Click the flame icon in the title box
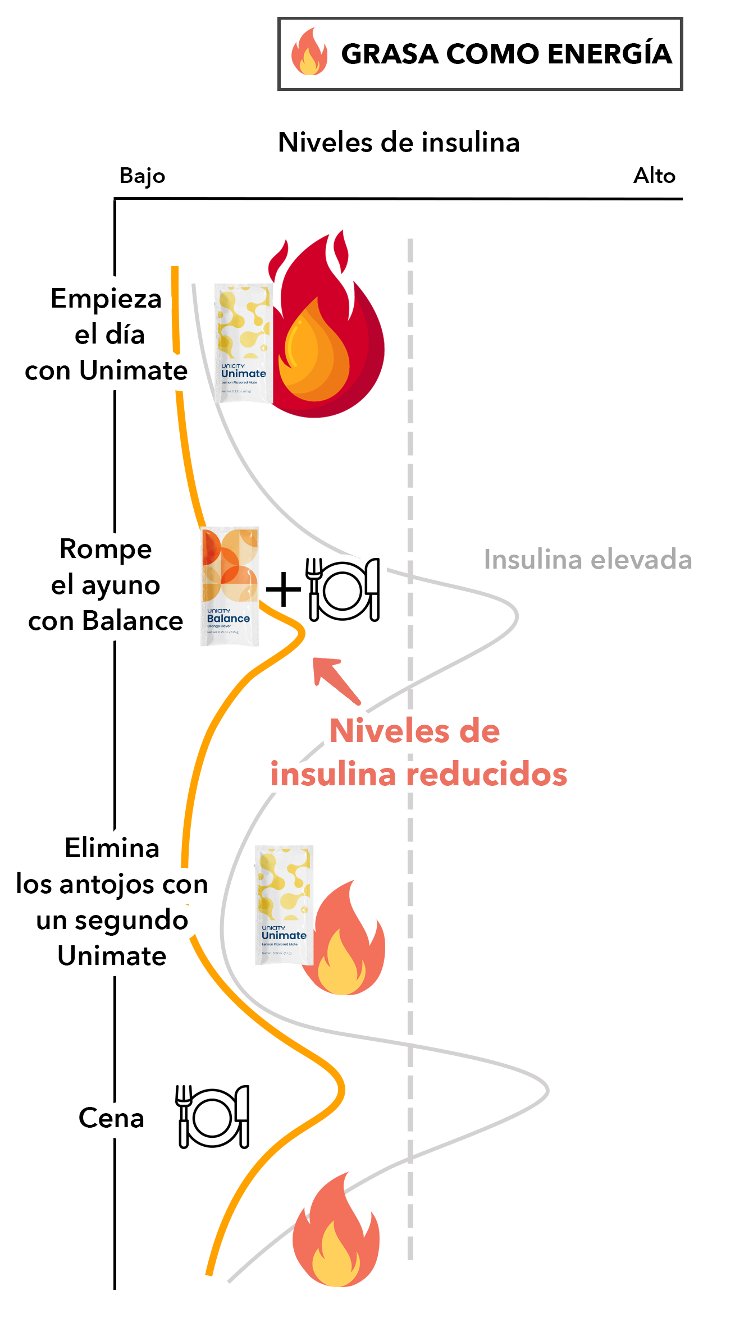[x=309, y=52]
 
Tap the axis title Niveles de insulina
[x=399, y=142]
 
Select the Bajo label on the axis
[x=142, y=176]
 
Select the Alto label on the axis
[x=654, y=176]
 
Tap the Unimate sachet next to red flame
[x=244, y=343]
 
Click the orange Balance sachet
[x=230, y=586]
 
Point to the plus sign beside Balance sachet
[x=284, y=589]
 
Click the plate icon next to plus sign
[x=343, y=589]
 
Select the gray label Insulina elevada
[x=587, y=560]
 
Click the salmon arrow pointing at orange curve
[x=335, y=679]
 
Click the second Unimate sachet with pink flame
[x=284, y=905]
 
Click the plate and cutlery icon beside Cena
[x=213, y=1116]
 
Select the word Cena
[x=111, y=1118]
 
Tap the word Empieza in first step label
[x=106, y=298]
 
